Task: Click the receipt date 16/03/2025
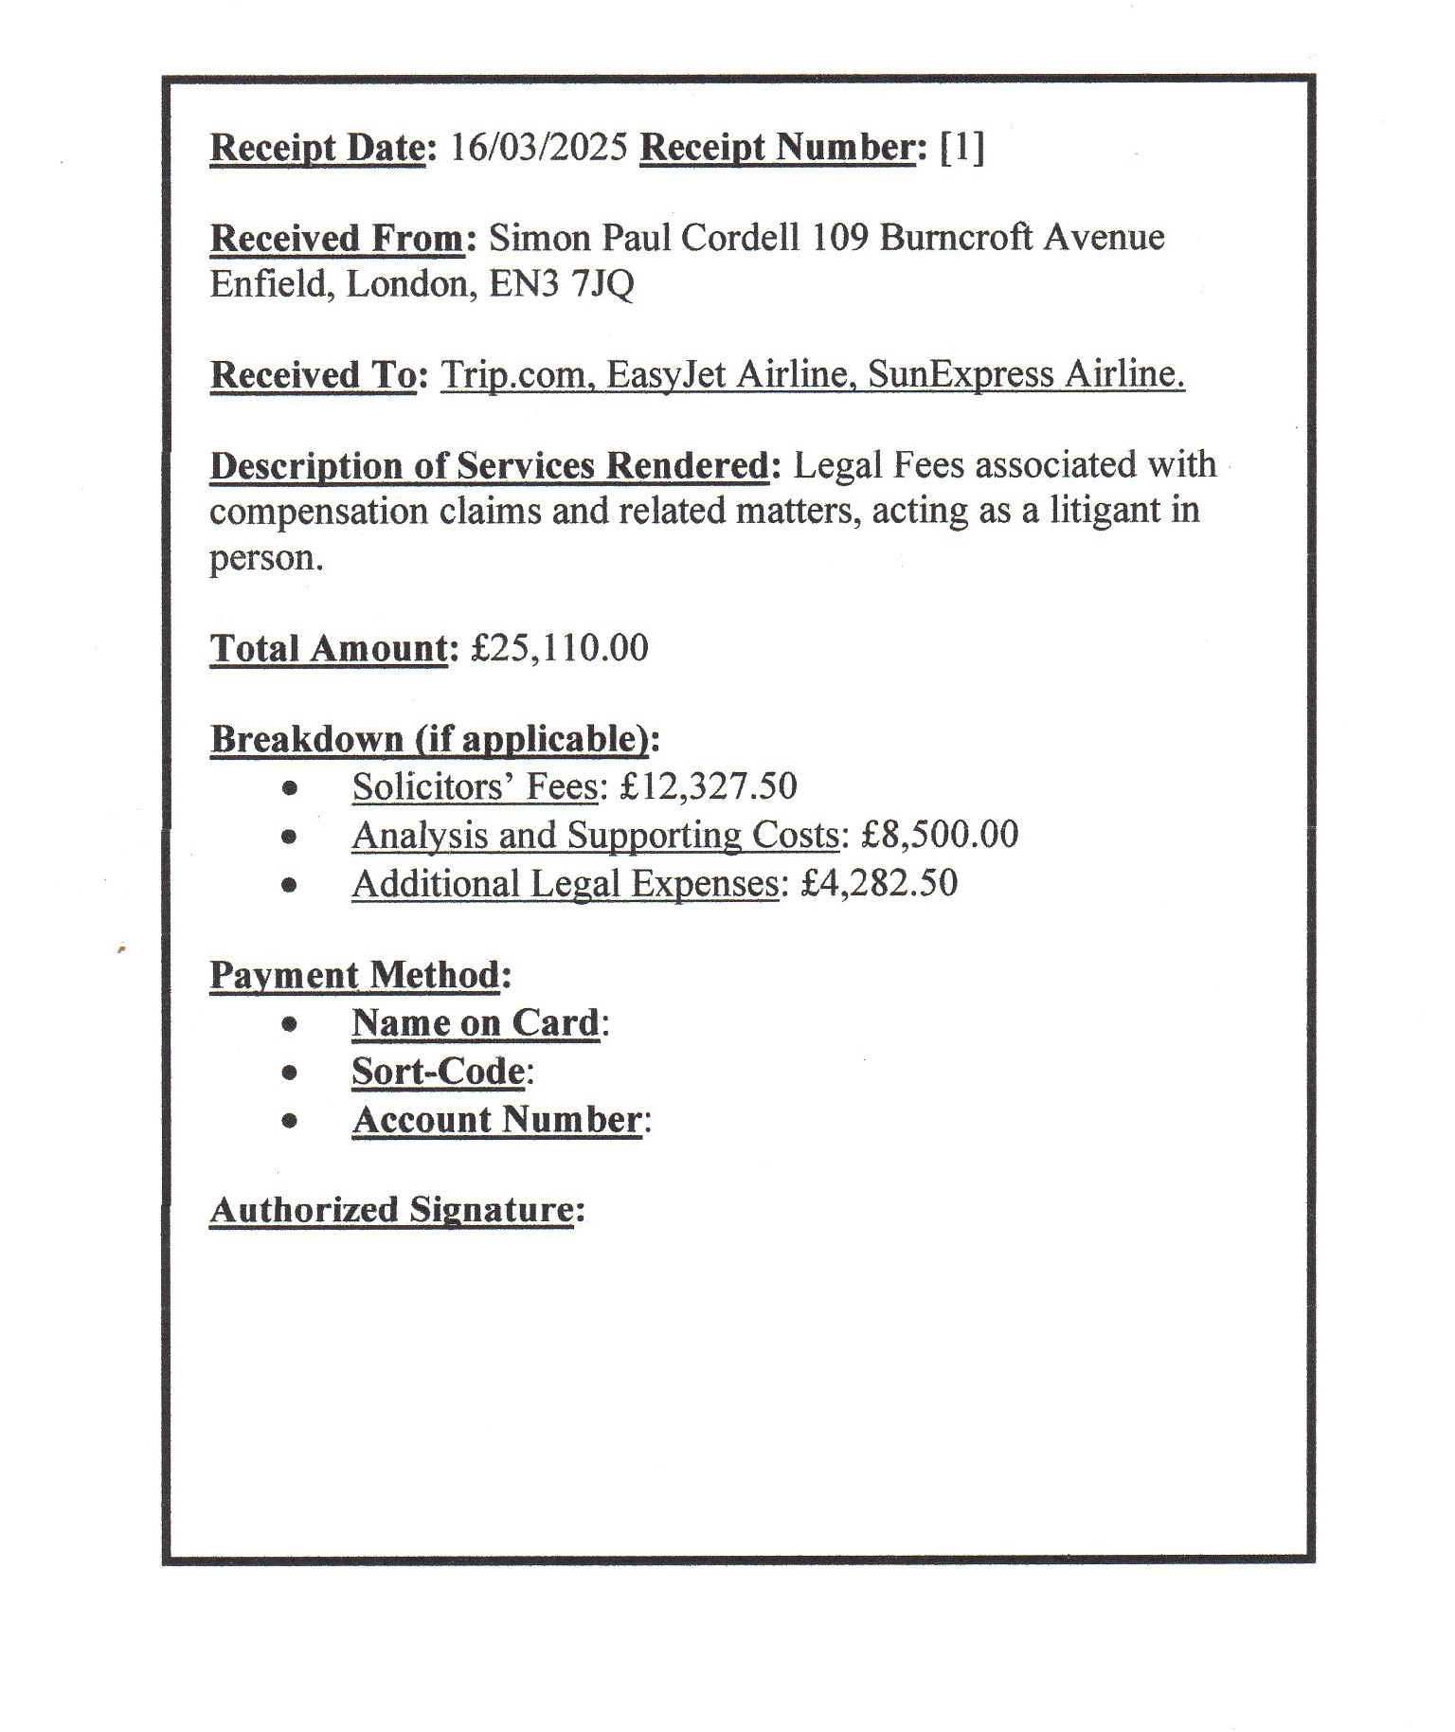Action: coord(538,148)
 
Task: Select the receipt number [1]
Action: coord(961,148)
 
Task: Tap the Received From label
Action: coord(337,239)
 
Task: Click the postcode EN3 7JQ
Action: coord(561,284)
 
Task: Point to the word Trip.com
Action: coord(512,375)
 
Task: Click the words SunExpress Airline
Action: coord(1026,375)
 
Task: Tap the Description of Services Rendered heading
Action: coord(489,466)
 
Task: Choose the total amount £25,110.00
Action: coord(560,649)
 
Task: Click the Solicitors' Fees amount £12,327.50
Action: coord(709,786)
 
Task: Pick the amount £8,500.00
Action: coord(940,835)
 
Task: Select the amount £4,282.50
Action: coord(879,883)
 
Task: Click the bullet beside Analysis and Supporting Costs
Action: coord(290,836)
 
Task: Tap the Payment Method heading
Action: coord(354,975)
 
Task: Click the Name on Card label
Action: coord(476,1023)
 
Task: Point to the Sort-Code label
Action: coord(438,1072)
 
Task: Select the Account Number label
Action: coord(496,1120)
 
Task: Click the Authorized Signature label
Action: coord(391,1210)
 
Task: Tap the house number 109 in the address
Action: coord(839,238)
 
